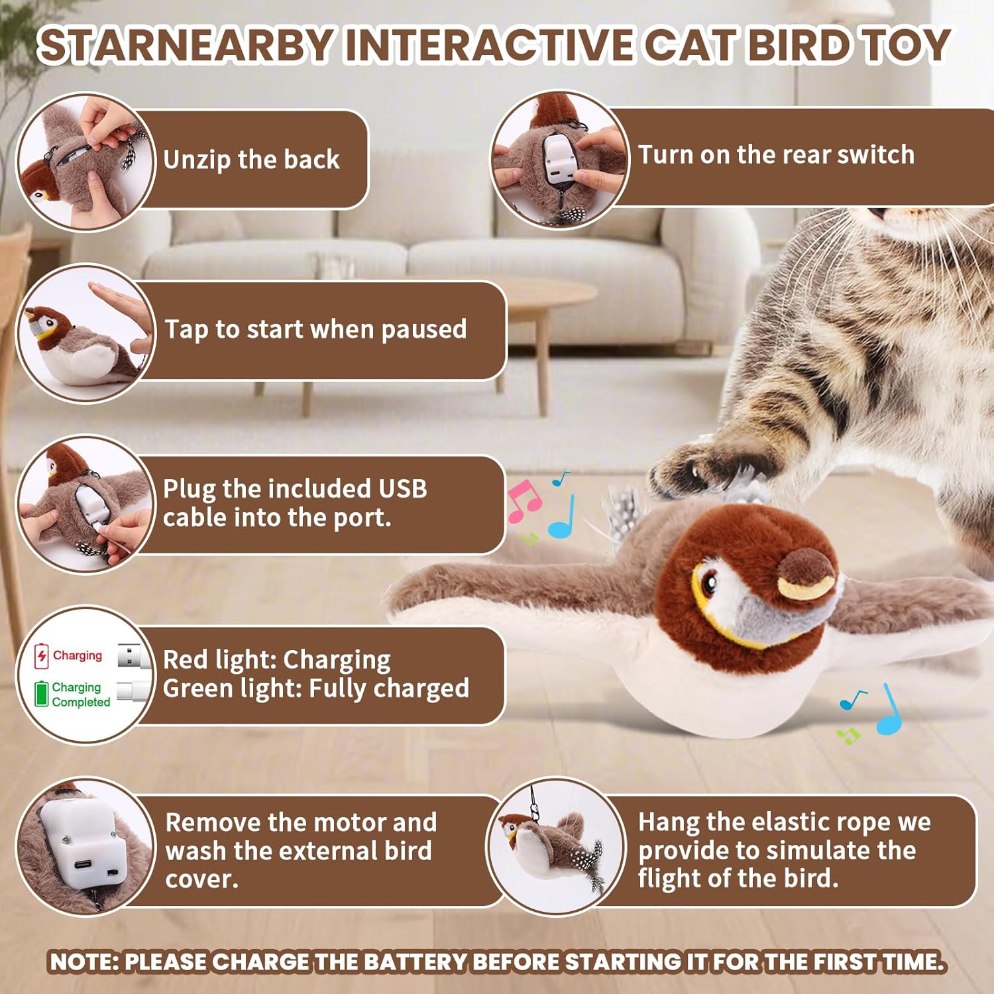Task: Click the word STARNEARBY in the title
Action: [x=185, y=45]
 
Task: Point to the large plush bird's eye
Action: [x=708, y=582]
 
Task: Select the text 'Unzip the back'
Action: [x=251, y=160]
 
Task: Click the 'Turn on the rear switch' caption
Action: [x=776, y=154]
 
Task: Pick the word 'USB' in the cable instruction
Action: [x=402, y=488]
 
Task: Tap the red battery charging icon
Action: [x=42, y=656]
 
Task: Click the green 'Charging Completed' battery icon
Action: [x=42, y=693]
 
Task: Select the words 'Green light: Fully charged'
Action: [x=316, y=689]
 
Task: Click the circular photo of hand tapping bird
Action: [x=85, y=333]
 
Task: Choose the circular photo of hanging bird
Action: [x=557, y=846]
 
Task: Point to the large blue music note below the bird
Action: [x=889, y=710]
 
